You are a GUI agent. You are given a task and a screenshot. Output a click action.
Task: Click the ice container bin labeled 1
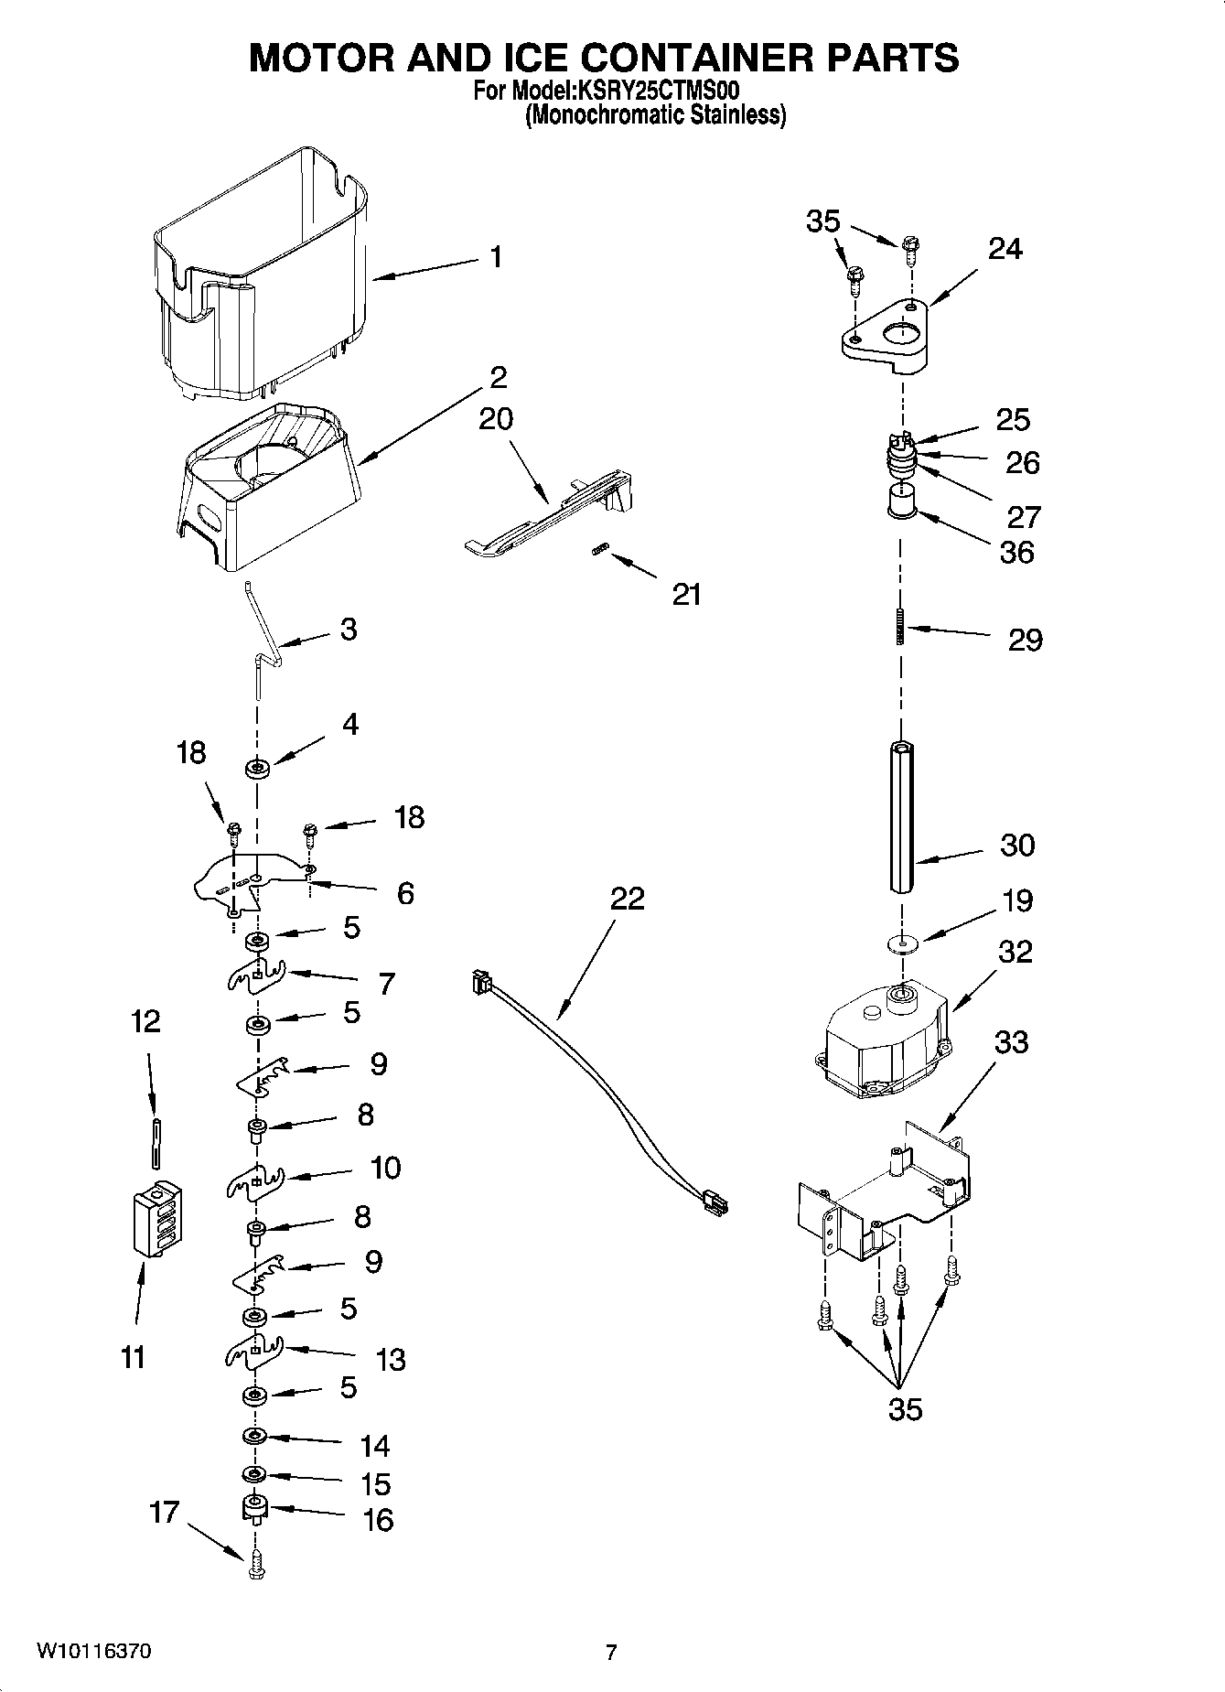[x=261, y=275]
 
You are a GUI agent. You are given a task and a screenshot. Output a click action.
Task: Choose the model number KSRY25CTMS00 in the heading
[x=655, y=92]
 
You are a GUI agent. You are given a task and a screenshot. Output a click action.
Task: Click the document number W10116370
[x=94, y=1652]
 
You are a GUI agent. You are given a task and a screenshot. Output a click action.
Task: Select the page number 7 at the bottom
[x=611, y=1653]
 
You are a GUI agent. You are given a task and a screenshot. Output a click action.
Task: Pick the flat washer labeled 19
[x=902, y=943]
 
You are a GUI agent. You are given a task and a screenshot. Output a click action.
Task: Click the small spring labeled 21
[x=600, y=549]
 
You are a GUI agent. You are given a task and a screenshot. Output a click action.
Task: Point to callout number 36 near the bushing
[x=1016, y=553]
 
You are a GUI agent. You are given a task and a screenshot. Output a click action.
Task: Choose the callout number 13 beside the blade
[x=391, y=1360]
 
